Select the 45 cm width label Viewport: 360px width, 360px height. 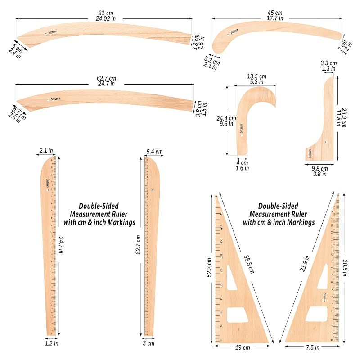coord(276,13)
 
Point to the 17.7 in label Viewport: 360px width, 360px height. coord(275,18)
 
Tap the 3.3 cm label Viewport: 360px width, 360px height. coord(328,63)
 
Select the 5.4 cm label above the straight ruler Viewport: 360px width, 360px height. coord(154,152)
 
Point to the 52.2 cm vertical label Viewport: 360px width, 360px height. coord(209,268)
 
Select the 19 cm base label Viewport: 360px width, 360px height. coord(243,347)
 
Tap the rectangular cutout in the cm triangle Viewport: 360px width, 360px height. coord(237,315)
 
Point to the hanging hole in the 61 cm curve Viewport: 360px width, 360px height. coord(45,33)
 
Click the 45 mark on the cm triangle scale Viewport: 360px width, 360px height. coord(221,213)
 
